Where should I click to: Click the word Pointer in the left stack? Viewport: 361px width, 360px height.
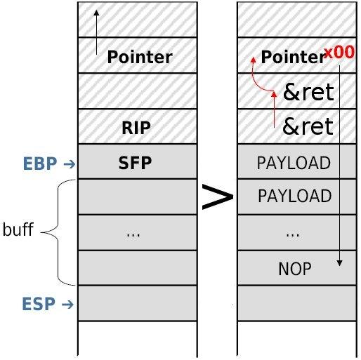[140, 57]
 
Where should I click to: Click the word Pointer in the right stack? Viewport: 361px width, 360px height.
[293, 57]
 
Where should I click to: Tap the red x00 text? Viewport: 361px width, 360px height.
[339, 52]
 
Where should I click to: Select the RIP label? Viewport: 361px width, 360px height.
[136, 128]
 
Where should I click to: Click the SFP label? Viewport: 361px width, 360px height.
[135, 163]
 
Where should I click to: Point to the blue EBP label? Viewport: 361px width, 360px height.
[40, 164]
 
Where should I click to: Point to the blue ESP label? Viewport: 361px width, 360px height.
[39, 304]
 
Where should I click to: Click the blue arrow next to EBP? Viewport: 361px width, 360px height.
[70, 164]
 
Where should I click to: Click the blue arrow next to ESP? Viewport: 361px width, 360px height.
[67, 305]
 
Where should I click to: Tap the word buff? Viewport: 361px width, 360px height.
[18, 229]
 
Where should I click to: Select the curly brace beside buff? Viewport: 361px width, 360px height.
[58, 232]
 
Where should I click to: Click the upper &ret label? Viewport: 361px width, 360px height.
[308, 92]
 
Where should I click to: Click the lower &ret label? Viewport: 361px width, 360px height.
[308, 126]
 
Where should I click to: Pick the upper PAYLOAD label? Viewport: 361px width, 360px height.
[294, 163]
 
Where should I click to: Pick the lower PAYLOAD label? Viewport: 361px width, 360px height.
[295, 196]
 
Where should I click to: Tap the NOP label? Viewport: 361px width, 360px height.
[295, 269]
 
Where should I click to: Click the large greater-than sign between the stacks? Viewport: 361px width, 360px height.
[218, 197]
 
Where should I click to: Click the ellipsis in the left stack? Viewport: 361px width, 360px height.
[133, 235]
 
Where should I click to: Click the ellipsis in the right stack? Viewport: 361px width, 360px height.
[293, 235]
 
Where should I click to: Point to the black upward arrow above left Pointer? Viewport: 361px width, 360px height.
[96, 32]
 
